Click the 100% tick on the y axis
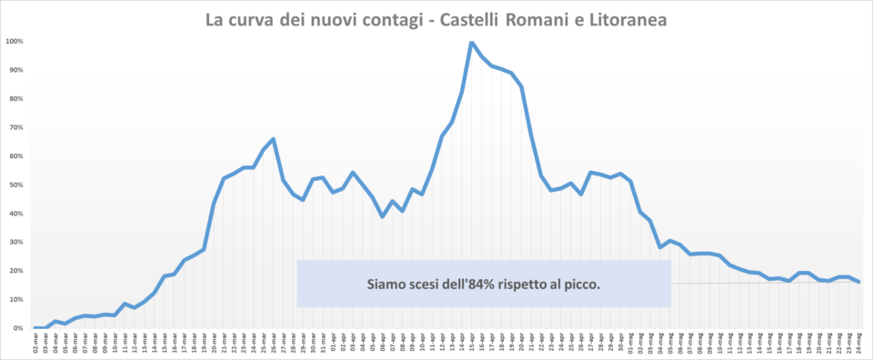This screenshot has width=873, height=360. (x=15, y=41)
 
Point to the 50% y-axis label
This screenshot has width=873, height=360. (x=15, y=185)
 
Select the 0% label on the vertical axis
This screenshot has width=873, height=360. (x=17, y=328)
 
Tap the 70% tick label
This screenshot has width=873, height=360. (x=15, y=127)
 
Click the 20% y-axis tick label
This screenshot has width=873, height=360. (x=15, y=271)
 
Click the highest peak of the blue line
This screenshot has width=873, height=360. (x=472, y=42)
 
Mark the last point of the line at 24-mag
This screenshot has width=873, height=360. (x=859, y=282)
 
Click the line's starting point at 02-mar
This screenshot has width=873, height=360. (x=35, y=327)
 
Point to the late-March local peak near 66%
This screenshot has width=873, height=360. (x=274, y=139)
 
